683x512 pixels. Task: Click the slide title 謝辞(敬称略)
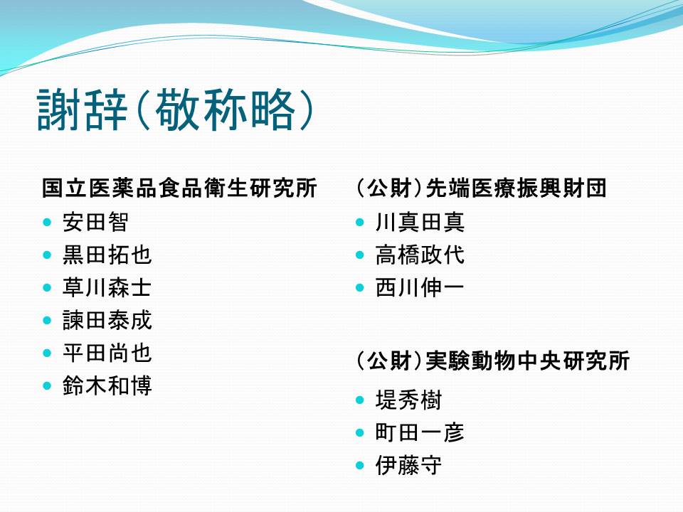(175, 110)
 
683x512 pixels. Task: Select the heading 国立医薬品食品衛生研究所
(179, 188)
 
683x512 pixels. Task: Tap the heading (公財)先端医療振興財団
(482, 188)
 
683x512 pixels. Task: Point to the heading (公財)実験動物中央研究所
(493, 361)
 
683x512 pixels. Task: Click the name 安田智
(95, 222)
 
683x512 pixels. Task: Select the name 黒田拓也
(107, 255)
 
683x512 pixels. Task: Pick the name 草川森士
(107, 287)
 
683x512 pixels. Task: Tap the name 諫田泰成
(107, 320)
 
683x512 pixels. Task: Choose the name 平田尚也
(107, 353)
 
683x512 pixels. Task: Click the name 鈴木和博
(107, 385)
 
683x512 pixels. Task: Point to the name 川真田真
(420, 222)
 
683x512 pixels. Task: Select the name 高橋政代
(420, 255)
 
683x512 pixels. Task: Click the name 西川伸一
(420, 287)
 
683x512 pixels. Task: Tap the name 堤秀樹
(408, 400)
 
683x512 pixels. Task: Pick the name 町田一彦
(420, 432)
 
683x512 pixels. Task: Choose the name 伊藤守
(408, 465)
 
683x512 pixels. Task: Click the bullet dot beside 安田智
(48, 223)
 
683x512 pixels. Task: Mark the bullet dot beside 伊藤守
(360, 465)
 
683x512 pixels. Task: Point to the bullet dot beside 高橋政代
(360, 255)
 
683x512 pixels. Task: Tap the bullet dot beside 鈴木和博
(48, 385)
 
